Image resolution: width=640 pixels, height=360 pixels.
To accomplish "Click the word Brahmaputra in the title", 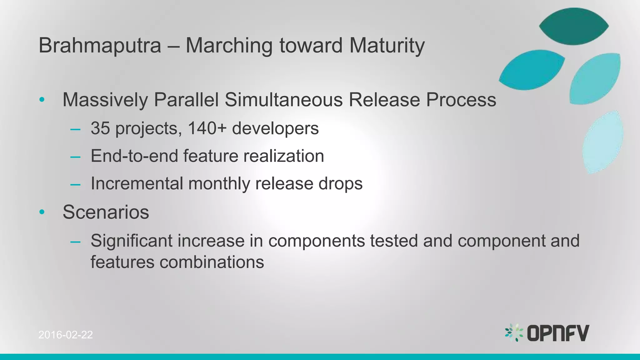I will [100, 46].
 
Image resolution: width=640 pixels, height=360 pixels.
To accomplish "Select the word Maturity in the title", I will [387, 46].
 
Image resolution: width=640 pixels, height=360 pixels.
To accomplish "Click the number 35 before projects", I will [100, 128].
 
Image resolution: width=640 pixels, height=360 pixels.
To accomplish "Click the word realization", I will [283, 156].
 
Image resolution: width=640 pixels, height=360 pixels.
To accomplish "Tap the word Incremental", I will [137, 183].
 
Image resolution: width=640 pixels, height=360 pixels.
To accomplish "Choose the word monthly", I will [219, 183].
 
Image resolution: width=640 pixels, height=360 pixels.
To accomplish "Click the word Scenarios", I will [106, 212].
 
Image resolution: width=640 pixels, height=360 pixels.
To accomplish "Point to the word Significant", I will [132, 241].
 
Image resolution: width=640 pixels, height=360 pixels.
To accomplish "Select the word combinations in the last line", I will [212, 262].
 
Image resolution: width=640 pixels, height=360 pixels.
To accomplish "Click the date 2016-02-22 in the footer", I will [66, 335].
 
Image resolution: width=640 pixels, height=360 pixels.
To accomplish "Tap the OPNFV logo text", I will [558, 333].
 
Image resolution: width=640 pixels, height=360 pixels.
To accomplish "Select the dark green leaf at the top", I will [574, 26].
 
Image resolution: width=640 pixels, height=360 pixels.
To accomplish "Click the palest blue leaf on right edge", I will [602, 142].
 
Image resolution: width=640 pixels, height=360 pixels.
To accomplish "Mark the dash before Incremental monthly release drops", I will [75, 184].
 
